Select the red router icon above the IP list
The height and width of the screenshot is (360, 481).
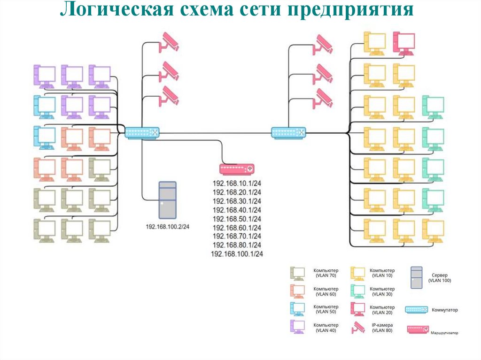(x=237, y=169)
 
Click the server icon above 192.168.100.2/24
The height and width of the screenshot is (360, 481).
(x=168, y=200)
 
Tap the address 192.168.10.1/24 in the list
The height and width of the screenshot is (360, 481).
(x=237, y=184)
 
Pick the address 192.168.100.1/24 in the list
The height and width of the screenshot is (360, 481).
(x=237, y=254)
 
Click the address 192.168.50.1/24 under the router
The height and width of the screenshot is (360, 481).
(x=237, y=219)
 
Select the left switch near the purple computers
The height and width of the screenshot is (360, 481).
(x=142, y=133)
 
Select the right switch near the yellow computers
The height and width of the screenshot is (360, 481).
(x=288, y=133)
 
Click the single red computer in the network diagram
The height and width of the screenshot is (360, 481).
(x=403, y=43)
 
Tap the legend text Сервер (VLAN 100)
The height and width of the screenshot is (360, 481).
(x=440, y=277)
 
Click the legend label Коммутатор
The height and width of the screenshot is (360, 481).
(x=444, y=310)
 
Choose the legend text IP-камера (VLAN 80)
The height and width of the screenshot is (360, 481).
(x=381, y=328)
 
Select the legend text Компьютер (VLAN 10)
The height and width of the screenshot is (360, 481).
(x=382, y=273)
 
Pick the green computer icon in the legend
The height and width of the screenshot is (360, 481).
(x=358, y=291)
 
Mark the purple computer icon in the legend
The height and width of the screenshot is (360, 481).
(x=297, y=327)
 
